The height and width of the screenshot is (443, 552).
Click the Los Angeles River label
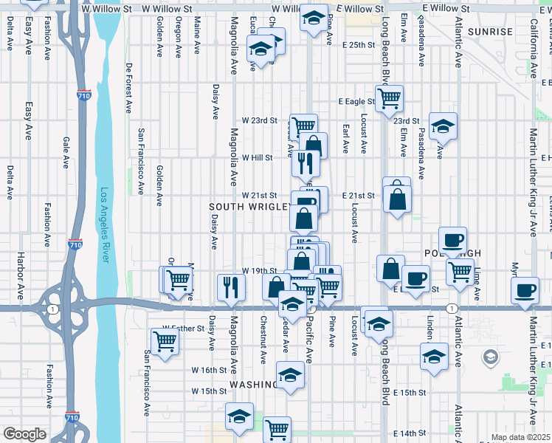(x=105, y=224)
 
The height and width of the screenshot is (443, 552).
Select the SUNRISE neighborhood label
(x=490, y=32)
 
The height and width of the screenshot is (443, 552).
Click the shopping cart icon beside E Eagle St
(x=389, y=97)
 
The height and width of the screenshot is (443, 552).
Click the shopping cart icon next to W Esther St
(x=165, y=340)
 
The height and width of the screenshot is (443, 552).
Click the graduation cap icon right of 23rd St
(x=443, y=126)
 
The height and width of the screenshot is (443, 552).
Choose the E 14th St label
(x=410, y=433)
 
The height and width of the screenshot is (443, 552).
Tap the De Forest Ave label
(x=128, y=87)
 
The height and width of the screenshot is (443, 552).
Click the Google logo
(x=24, y=434)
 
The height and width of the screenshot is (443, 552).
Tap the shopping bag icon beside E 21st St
(x=397, y=198)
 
